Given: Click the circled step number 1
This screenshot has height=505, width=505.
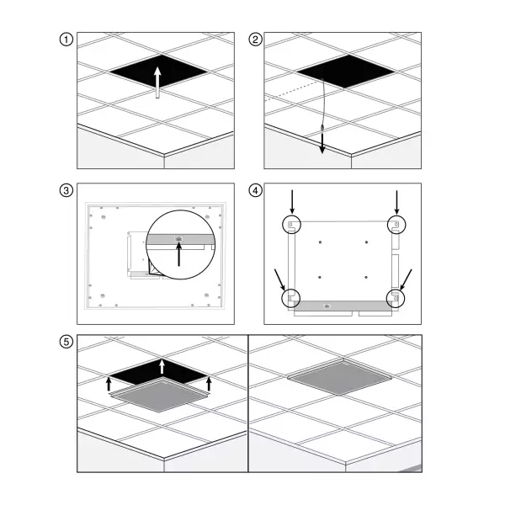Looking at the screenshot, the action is coord(66,40).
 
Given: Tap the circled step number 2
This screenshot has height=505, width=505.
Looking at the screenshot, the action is coord(255,40).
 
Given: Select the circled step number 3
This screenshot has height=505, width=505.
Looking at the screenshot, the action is coord(66,190).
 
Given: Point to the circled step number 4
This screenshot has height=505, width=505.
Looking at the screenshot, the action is coord(255,190).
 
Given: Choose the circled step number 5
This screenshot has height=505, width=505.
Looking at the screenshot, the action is coord(66,342).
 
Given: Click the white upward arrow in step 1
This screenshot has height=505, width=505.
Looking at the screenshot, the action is coord(157,82).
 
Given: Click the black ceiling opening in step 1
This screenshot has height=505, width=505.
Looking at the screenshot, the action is coord(158,71).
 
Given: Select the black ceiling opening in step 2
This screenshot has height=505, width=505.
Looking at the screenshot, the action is coord(345,71).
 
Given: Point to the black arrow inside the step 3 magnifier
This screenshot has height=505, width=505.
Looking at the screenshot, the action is coord(178,254).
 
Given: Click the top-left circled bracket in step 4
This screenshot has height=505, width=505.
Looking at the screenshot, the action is coord(292,225).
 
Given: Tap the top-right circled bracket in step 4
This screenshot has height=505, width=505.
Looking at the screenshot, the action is coord(396,225).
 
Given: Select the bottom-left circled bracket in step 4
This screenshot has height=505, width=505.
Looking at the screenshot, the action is coord(291,298).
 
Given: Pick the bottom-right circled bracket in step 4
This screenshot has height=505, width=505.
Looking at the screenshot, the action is coord(396,298).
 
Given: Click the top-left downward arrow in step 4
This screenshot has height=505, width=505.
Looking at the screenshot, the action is coord(292,202).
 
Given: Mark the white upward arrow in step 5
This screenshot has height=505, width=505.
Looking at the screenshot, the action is coord(162,367).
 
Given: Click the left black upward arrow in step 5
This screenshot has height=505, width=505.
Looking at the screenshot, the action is coord(109,384).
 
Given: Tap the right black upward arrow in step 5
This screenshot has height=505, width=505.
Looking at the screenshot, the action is coord(209,384).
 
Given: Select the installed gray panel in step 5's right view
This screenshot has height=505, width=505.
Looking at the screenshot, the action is coord(340,377).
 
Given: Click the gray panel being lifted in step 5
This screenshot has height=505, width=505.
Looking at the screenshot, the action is coord(159,396).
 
